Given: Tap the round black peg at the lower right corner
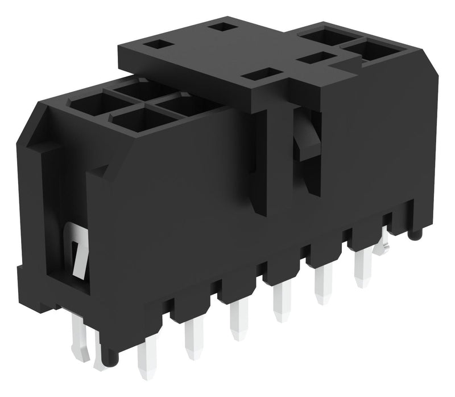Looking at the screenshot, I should coord(416,233).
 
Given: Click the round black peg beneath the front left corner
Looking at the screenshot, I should coord(111,358).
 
